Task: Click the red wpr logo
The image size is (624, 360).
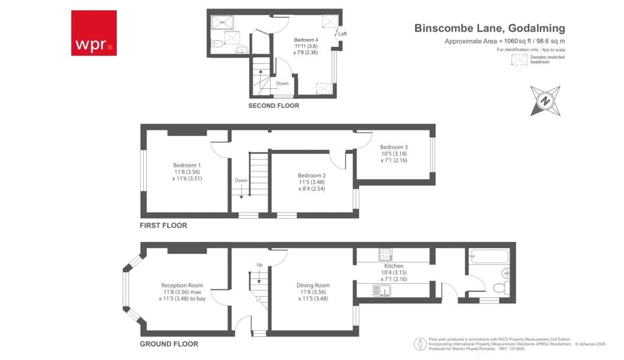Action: click(x=93, y=32)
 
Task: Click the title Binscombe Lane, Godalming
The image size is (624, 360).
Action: click(x=489, y=28)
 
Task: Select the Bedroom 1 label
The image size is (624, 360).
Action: click(x=186, y=165)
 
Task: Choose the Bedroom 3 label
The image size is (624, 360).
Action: click(x=394, y=147)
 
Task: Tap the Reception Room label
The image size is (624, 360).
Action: click(x=182, y=285)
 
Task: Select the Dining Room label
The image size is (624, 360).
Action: click(x=313, y=285)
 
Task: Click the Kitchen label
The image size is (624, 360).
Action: click(x=394, y=266)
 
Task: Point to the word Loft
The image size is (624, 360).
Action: click(x=342, y=34)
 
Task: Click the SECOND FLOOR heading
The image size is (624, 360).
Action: click(x=274, y=105)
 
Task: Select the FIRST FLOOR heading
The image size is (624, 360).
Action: click(x=164, y=225)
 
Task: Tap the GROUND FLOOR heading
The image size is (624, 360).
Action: click(x=169, y=344)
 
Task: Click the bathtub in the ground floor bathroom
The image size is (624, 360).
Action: click(x=489, y=256)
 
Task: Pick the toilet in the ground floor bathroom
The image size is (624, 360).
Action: click(x=499, y=288)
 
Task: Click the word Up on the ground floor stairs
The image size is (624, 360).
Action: click(x=259, y=265)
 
